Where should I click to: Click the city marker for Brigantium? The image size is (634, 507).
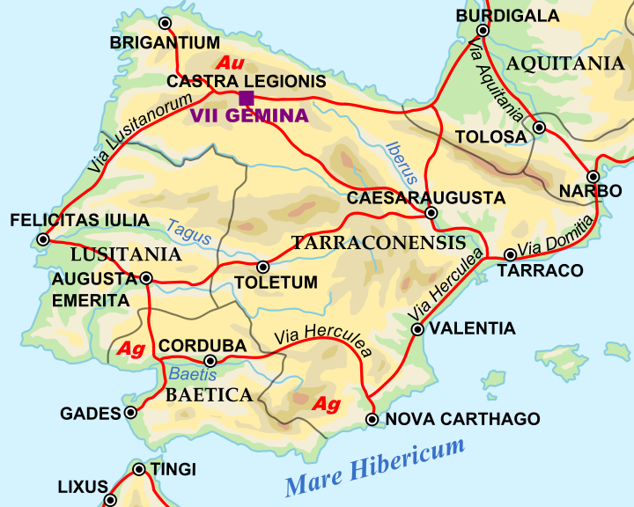[165, 23]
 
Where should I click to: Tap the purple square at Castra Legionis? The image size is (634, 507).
[247, 98]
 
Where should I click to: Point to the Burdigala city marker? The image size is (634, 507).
[483, 30]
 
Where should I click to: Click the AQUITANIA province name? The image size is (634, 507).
[565, 62]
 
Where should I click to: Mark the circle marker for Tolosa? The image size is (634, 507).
[540, 128]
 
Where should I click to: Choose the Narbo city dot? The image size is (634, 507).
[593, 177]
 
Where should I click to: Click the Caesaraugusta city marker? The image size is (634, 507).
[431, 213]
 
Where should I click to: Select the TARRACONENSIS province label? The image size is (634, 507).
[378, 243]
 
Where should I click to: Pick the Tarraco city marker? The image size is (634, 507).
[511, 255]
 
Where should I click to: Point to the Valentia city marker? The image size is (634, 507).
[418, 330]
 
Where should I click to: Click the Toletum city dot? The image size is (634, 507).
[262, 267]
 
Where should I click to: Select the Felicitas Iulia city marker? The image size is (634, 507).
[42, 239]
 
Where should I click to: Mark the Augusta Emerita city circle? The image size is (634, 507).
[146, 278]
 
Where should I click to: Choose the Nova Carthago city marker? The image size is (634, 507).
[372, 420]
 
